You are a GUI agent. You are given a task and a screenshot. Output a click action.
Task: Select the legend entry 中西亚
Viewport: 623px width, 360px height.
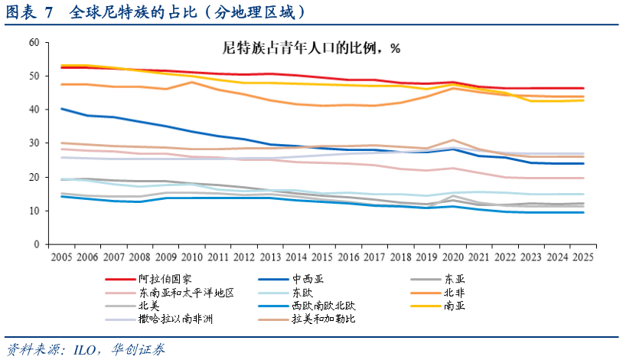(x=308, y=280)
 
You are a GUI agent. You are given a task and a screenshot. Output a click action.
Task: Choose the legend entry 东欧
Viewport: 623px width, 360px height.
(x=302, y=293)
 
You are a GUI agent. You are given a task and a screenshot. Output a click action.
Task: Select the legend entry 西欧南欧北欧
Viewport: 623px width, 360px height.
(x=325, y=306)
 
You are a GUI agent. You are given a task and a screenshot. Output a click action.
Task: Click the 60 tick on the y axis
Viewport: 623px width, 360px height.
(x=33, y=42)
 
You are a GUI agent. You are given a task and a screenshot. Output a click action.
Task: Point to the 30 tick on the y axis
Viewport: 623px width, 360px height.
(x=33, y=143)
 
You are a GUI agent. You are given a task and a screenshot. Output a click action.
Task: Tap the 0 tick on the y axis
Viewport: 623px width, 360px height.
(x=36, y=244)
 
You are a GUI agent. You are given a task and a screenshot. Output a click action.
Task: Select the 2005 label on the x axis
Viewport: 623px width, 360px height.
(x=64, y=256)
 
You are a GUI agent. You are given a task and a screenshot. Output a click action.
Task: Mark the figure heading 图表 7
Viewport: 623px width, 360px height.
(x=31, y=12)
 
